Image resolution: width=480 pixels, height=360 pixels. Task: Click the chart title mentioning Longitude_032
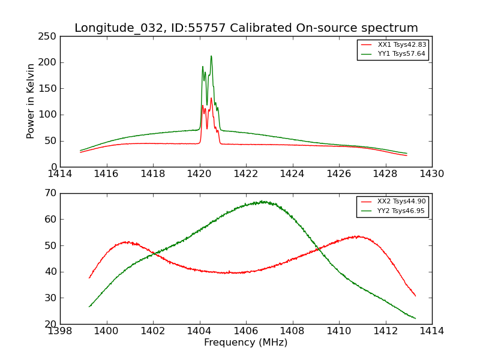pos(246,28)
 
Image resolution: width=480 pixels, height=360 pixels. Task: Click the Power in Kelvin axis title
pos(31,101)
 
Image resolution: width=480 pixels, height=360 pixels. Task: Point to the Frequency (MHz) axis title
pos(246,343)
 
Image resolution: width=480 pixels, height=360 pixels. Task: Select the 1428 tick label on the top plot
pos(385,174)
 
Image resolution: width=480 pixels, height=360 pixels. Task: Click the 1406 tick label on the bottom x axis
pos(246,331)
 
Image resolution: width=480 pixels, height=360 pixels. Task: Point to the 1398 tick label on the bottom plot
pos(60,331)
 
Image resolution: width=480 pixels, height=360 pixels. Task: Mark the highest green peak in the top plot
pos(211,56)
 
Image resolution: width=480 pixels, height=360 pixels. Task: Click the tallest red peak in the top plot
pos(211,98)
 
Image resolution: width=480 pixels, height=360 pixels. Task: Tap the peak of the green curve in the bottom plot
pos(262,202)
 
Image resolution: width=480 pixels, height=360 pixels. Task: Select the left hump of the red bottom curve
pos(126,242)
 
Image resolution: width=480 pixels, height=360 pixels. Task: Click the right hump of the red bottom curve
pos(358,236)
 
